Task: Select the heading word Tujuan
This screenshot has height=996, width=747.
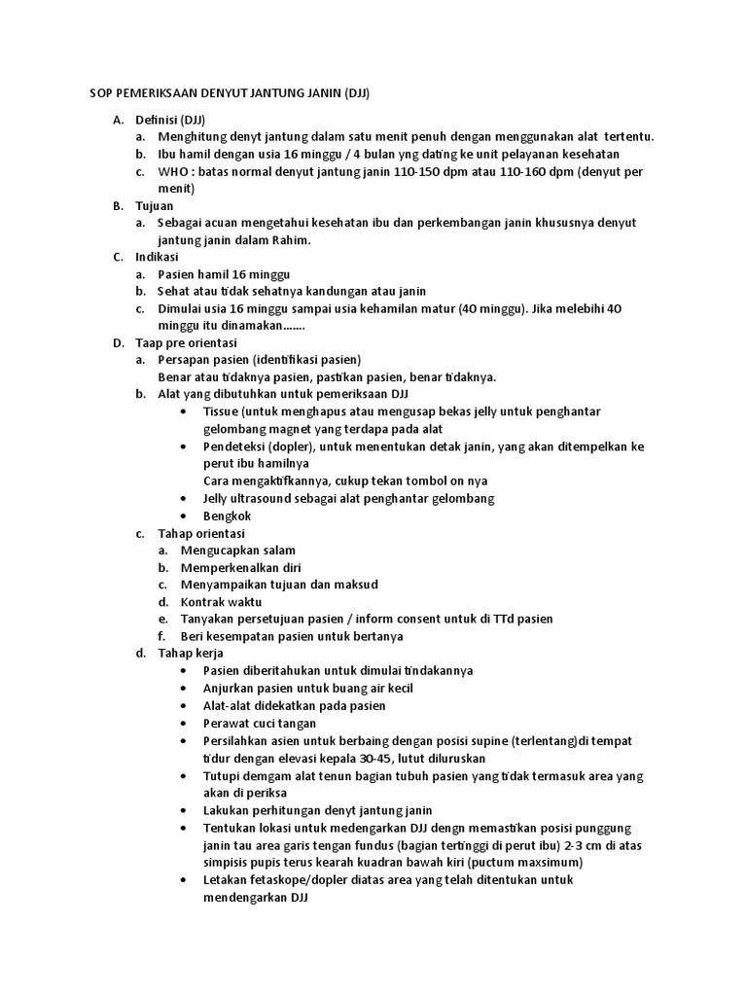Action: point(156,206)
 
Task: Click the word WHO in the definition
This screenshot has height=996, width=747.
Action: point(172,172)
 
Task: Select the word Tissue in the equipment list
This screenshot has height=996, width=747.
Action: point(222,412)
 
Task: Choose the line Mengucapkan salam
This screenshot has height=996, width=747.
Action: point(239,551)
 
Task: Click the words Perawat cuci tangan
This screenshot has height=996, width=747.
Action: point(260,723)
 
